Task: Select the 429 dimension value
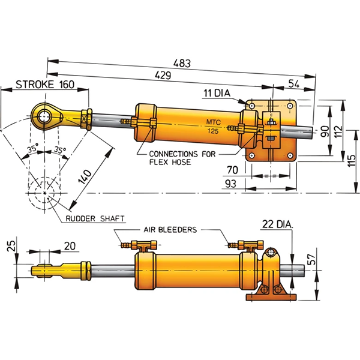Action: (164, 76)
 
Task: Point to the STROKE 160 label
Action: (44, 85)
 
